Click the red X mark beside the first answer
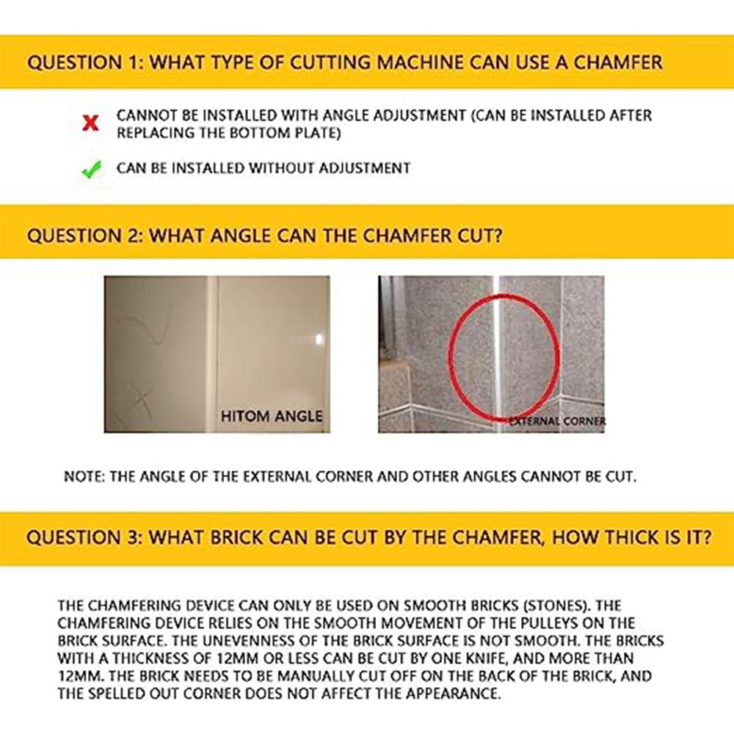(90, 123)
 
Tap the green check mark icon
(91, 169)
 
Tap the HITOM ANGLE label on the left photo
(272, 416)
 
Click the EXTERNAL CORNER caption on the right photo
(557, 421)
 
